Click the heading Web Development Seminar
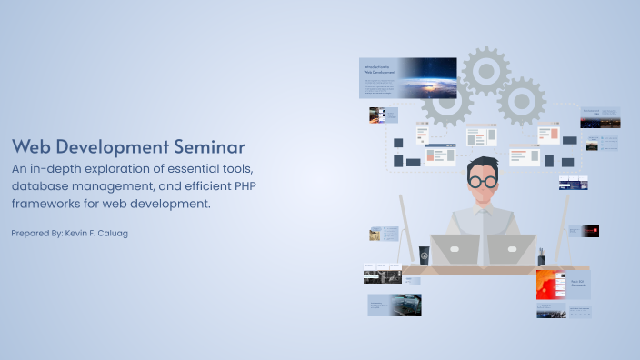coord(128,147)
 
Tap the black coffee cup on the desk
coord(424,255)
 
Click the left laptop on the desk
coord(455,249)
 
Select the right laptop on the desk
coord(511,249)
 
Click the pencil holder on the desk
coord(542,255)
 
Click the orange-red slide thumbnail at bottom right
coord(551,285)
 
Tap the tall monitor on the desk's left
coord(405,227)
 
